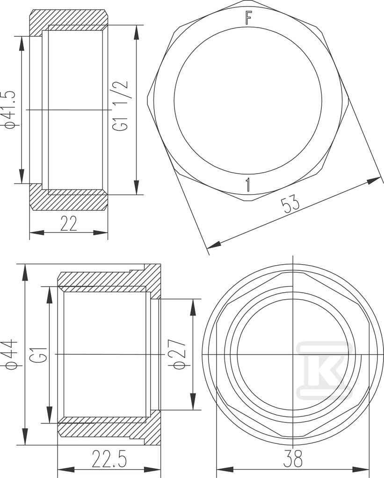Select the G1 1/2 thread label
pyautogui.click(x=120, y=106)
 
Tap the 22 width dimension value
pyautogui.click(x=69, y=224)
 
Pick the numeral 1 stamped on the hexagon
pyautogui.click(x=248, y=185)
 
